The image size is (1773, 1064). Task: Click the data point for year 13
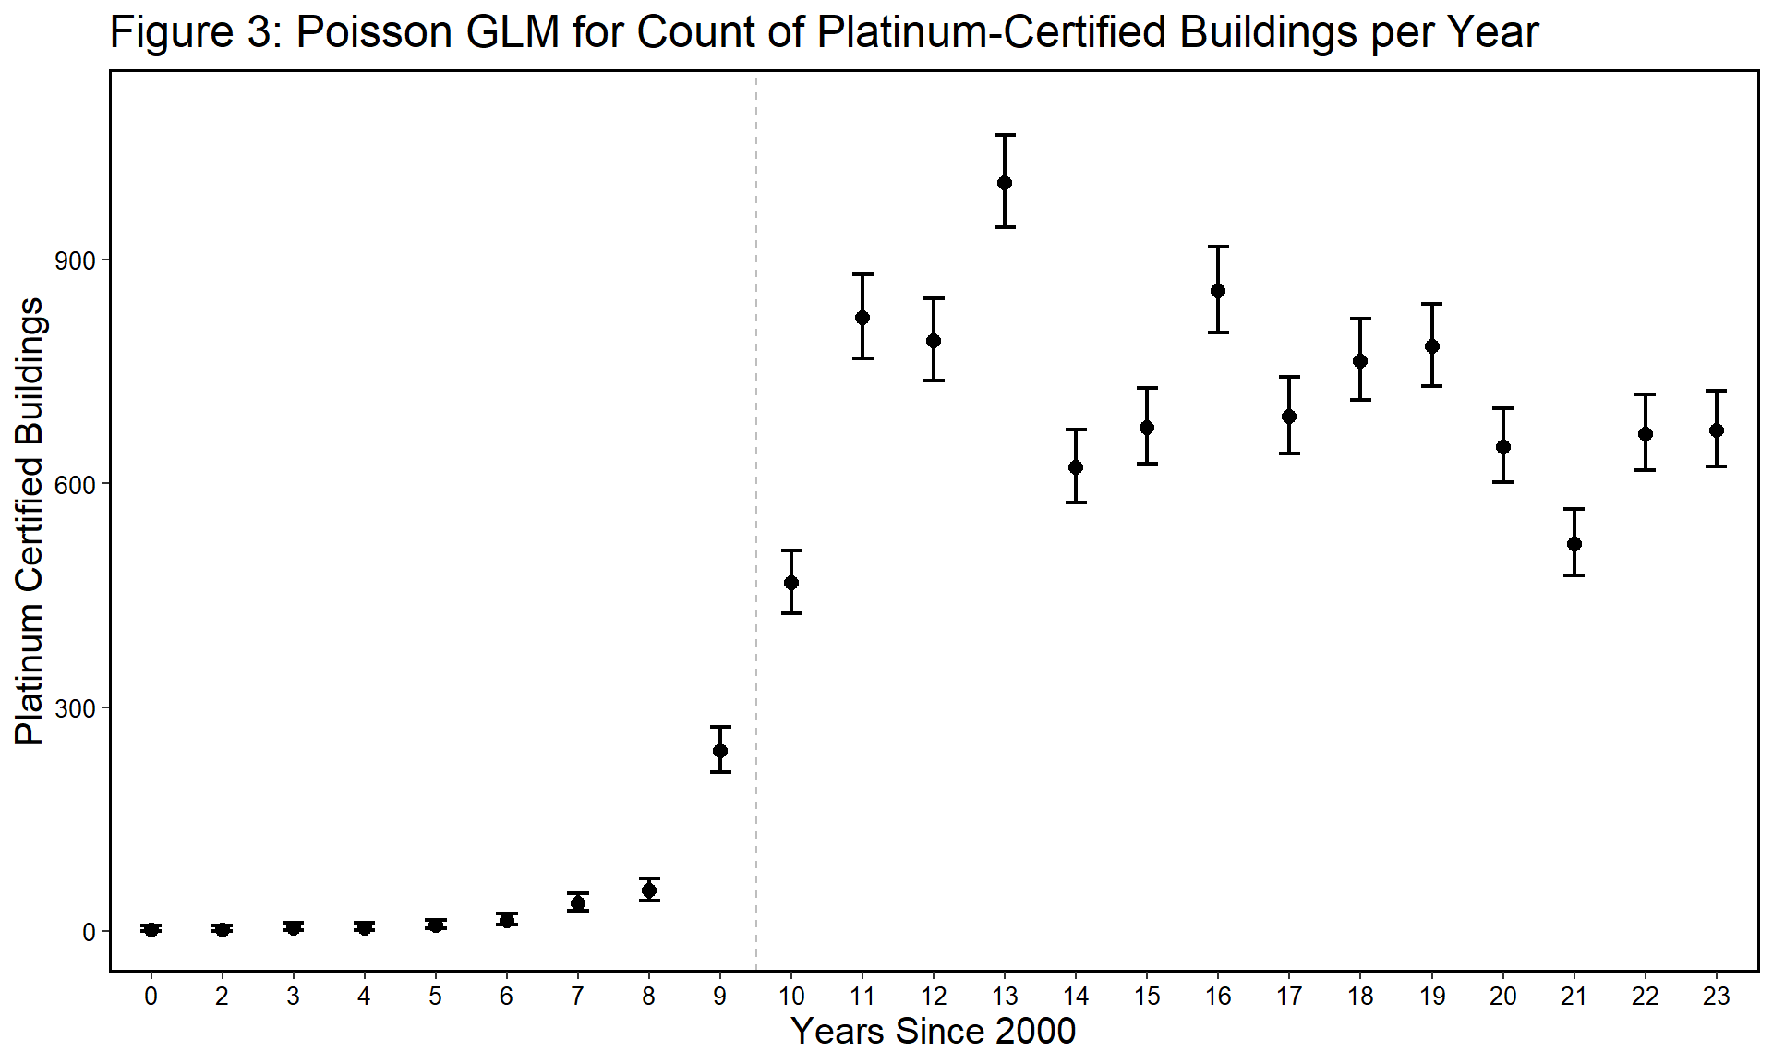click(1005, 183)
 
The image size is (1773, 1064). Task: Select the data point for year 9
click(720, 751)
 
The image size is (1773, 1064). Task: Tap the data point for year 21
click(1574, 544)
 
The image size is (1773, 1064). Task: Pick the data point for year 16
click(1218, 291)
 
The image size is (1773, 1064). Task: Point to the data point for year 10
click(791, 583)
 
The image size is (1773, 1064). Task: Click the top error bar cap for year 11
click(862, 274)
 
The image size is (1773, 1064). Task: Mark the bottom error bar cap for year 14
click(1076, 502)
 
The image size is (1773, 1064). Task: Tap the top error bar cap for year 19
click(1432, 304)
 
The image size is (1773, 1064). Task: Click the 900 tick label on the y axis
click(75, 260)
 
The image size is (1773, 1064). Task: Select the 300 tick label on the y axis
click(75, 708)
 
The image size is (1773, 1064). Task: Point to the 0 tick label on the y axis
click(89, 933)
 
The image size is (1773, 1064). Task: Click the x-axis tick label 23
click(1716, 997)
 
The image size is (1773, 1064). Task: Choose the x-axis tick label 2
click(222, 997)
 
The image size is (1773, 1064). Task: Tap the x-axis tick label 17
click(1289, 997)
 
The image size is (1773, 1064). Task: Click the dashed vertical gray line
click(756, 462)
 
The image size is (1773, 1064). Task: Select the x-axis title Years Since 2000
click(934, 1032)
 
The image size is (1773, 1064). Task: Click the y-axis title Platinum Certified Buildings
click(30, 521)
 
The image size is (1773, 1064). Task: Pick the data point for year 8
click(649, 890)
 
